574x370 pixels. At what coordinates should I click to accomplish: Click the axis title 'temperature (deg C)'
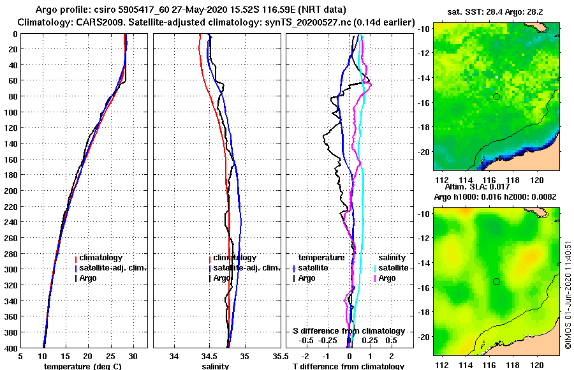[x=83, y=366]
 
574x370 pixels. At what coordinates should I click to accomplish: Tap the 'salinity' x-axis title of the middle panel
[x=216, y=366]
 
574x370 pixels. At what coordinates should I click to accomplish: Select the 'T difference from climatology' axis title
[x=348, y=366]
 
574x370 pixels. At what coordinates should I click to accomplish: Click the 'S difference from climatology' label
[x=348, y=331]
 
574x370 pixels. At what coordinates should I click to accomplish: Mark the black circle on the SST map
[x=496, y=96]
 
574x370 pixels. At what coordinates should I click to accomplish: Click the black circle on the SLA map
[x=496, y=281]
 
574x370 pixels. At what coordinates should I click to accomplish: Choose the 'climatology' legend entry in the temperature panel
[x=100, y=258]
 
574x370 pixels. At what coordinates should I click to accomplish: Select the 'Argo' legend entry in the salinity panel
[x=221, y=278]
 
